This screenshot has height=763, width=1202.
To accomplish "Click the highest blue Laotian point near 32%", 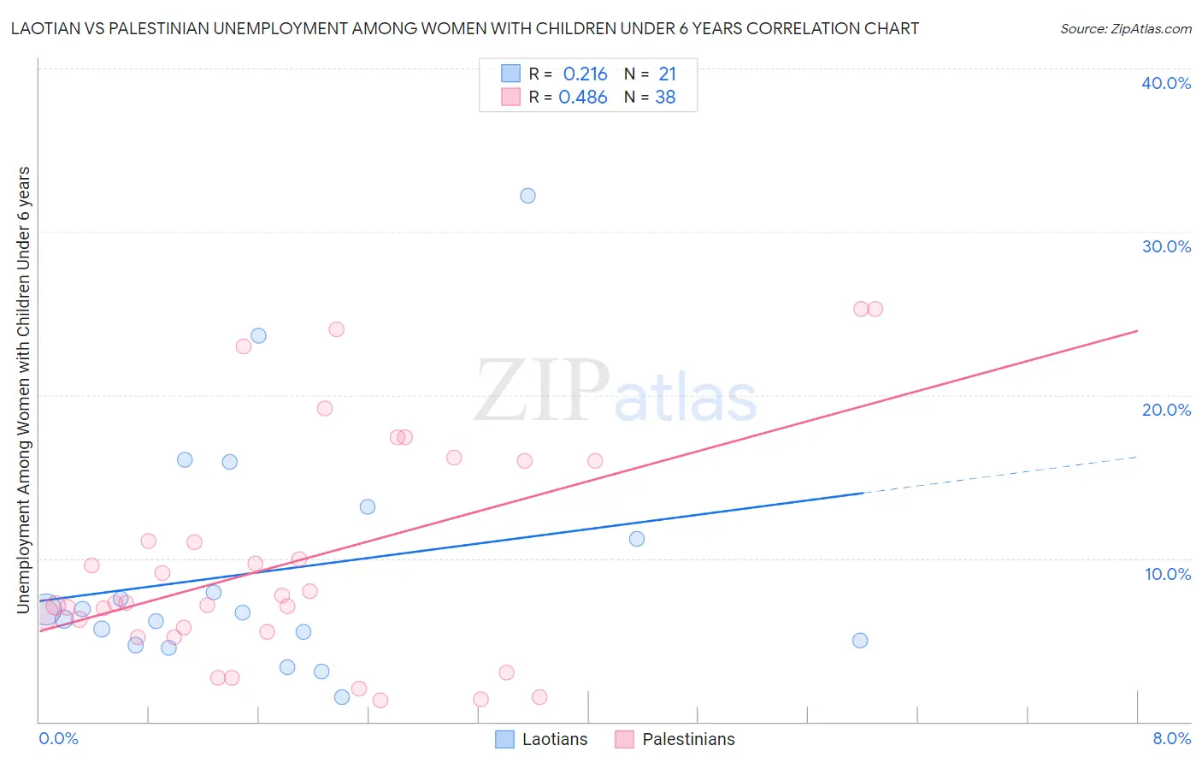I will [x=527, y=196].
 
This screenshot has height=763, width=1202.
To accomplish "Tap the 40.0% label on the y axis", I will [x=1165, y=83].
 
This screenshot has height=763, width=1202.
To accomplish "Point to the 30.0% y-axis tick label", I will [x=1165, y=246].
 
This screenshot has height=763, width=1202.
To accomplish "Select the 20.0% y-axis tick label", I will [x=1165, y=410].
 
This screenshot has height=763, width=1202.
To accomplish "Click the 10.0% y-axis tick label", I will [x=1167, y=574].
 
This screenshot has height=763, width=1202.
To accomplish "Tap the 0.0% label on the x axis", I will [x=58, y=738].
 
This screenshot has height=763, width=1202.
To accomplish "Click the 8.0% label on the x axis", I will [x=1171, y=738].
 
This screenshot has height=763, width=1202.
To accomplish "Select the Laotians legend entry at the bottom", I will [x=542, y=739].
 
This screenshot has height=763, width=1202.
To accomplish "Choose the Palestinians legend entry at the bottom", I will [x=675, y=739].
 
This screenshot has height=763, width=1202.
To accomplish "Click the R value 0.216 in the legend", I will [x=585, y=74].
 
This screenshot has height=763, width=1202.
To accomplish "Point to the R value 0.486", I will [x=582, y=98].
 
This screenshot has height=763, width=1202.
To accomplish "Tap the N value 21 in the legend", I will [x=667, y=74].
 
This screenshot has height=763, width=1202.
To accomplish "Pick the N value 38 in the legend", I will [x=665, y=98].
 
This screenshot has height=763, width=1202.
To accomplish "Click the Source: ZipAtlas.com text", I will [x=1125, y=29].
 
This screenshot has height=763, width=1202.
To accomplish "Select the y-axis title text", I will [x=24, y=389].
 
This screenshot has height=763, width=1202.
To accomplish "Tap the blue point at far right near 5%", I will [x=860, y=641].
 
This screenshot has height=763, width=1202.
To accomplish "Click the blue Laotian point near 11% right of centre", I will [x=636, y=539].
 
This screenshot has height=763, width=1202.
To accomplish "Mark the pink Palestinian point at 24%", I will [x=336, y=329].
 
